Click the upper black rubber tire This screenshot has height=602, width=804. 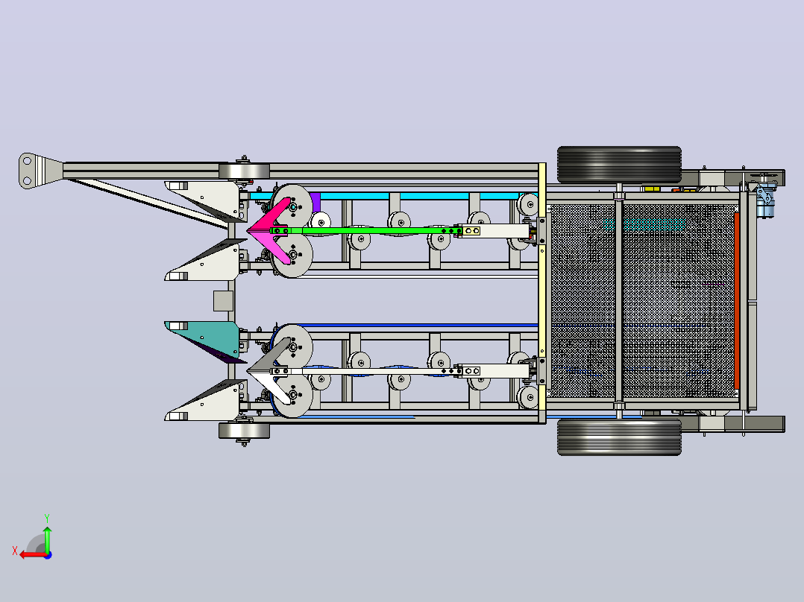(619, 165)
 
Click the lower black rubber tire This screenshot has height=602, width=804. (619, 437)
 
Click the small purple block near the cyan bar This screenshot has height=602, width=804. (315, 203)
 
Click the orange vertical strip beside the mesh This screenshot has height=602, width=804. (737, 301)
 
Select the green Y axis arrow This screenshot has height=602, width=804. (47, 537)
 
